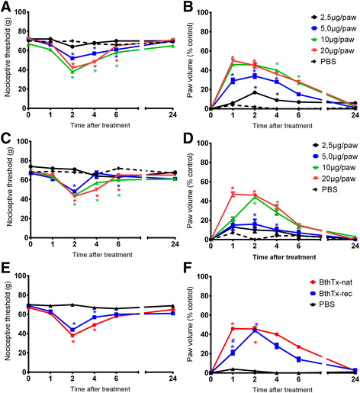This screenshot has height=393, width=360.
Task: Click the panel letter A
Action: pos(5,6)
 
